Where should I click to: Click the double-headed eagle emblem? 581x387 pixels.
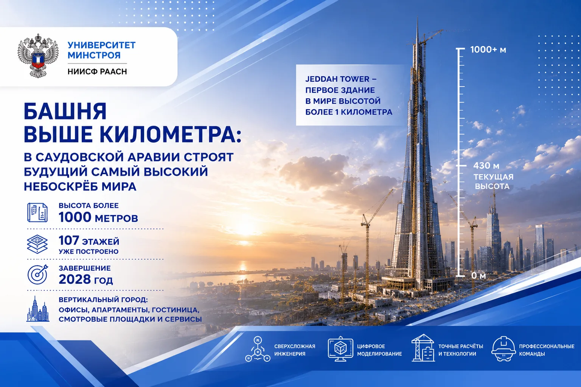coord(38,56)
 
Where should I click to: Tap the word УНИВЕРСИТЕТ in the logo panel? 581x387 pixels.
coord(102,45)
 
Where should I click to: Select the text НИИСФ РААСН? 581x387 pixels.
coord(97,71)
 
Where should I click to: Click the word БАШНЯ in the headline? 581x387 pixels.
coord(65,111)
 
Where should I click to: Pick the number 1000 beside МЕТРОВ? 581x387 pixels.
coord(75,217)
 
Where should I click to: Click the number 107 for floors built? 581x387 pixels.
coord(69,240)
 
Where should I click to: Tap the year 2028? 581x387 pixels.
coord(75,279)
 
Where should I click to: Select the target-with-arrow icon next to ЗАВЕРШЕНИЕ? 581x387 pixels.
coord(38,274)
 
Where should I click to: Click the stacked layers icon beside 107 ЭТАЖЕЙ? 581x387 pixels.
coord(37,244)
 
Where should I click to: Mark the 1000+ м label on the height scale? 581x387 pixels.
coord(488,50)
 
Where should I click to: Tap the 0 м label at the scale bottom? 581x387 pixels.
coord(478,275)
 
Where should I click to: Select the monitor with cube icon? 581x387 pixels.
coord(340,348)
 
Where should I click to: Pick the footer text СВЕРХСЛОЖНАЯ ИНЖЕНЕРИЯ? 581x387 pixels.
coord(295,350)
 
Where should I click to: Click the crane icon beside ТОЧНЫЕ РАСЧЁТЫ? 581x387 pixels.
coord(423,348)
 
